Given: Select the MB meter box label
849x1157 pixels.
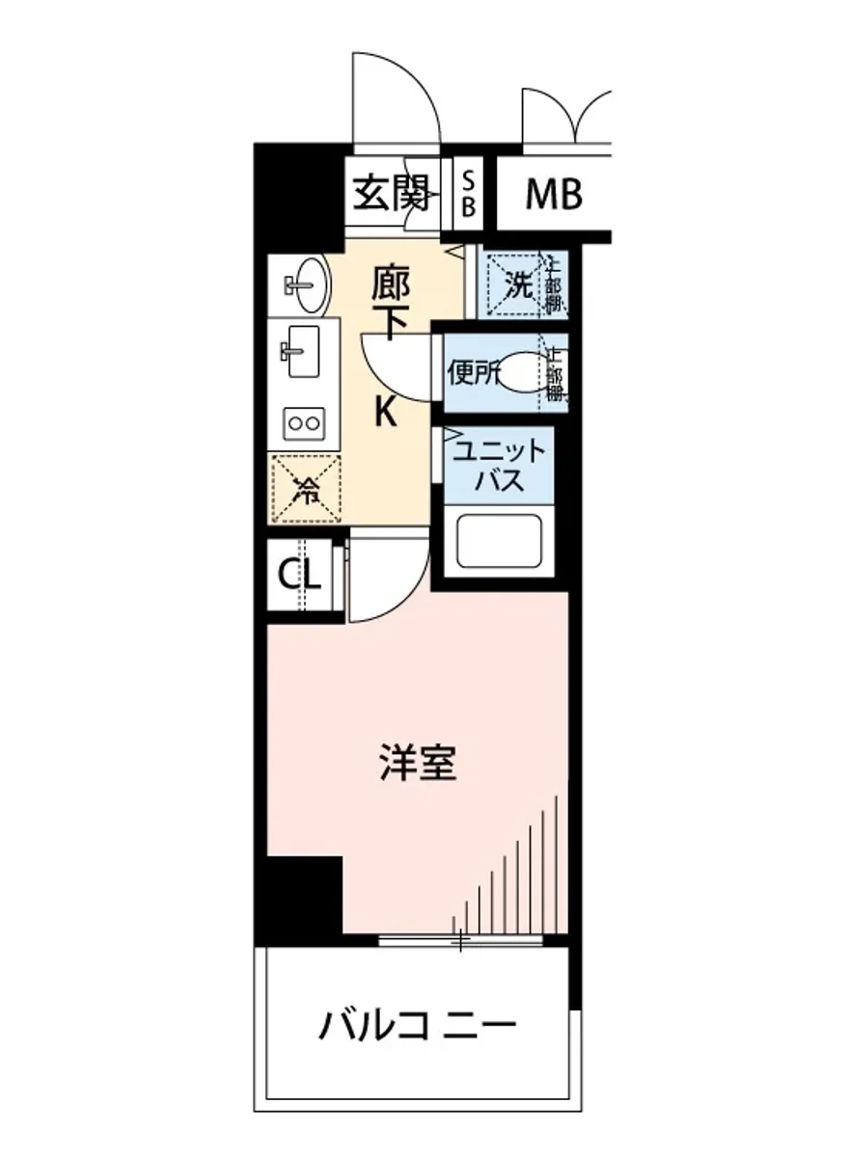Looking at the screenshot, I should pos(553,195).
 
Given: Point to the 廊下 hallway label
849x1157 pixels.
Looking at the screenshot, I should pos(391,301).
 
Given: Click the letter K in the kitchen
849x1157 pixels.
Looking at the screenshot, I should pos(384,413).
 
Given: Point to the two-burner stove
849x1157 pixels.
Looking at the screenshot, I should pos(305,422).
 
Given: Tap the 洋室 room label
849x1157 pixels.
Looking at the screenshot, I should pos(416,765).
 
